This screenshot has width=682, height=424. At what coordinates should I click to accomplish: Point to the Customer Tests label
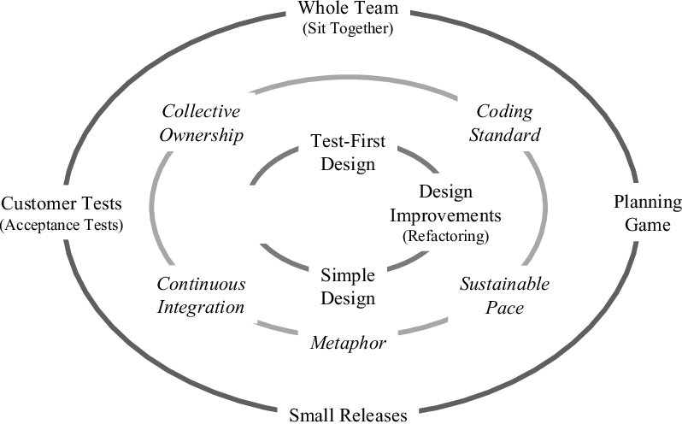(62, 204)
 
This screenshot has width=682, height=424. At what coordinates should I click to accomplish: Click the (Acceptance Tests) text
(62, 225)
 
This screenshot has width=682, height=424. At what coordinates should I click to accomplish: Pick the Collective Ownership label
(202, 124)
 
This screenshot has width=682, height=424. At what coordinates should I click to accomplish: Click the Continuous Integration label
(201, 295)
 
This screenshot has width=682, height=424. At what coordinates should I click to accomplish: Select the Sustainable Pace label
(504, 295)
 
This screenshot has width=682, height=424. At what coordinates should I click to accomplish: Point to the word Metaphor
(348, 343)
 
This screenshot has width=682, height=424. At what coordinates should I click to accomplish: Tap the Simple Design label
(348, 286)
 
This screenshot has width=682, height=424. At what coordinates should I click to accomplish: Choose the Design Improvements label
(446, 203)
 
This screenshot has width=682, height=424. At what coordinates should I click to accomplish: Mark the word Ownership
(202, 135)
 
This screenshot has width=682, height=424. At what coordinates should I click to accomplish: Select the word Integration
(201, 306)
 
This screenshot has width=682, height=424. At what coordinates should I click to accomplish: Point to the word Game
(647, 224)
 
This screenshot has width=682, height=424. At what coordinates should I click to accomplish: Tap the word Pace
(504, 306)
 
